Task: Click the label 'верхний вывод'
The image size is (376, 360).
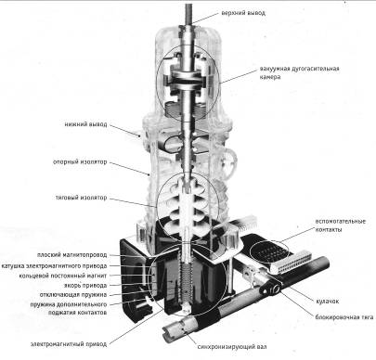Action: click(x=243, y=13)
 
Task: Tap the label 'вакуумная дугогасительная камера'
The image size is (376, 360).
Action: click(x=299, y=72)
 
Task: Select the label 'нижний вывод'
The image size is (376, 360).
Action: click(x=85, y=124)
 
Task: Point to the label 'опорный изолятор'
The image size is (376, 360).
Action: click(x=80, y=161)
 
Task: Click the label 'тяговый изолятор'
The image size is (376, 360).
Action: click(x=81, y=198)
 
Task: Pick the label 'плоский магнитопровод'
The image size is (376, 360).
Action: click(x=71, y=255)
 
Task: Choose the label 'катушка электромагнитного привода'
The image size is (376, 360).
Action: click(x=54, y=265)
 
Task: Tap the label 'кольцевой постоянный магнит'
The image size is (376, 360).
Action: click(x=63, y=276)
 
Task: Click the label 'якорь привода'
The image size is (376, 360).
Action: click(x=85, y=285)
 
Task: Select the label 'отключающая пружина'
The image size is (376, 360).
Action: click(x=73, y=294)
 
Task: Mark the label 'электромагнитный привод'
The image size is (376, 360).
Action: click(x=69, y=344)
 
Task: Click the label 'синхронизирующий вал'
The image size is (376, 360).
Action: click(x=232, y=346)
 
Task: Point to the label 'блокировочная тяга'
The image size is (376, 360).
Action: click(x=344, y=317)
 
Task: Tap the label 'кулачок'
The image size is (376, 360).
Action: click(x=328, y=301)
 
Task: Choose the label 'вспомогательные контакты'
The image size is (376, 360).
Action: click(x=340, y=225)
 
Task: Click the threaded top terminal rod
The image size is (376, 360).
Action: click(x=188, y=14)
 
